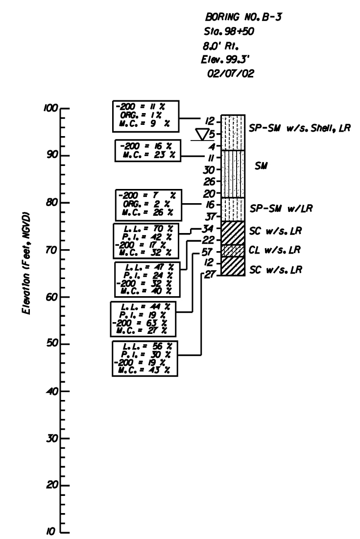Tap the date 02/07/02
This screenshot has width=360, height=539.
tap(229, 73)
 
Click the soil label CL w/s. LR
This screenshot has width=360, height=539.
tap(273, 251)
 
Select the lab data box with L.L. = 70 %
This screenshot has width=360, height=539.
tap(145, 240)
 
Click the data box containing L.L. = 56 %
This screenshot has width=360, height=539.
tap(145, 358)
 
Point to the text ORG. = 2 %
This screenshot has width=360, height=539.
tap(145, 204)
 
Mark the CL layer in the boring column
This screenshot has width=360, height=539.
tap(233, 251)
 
